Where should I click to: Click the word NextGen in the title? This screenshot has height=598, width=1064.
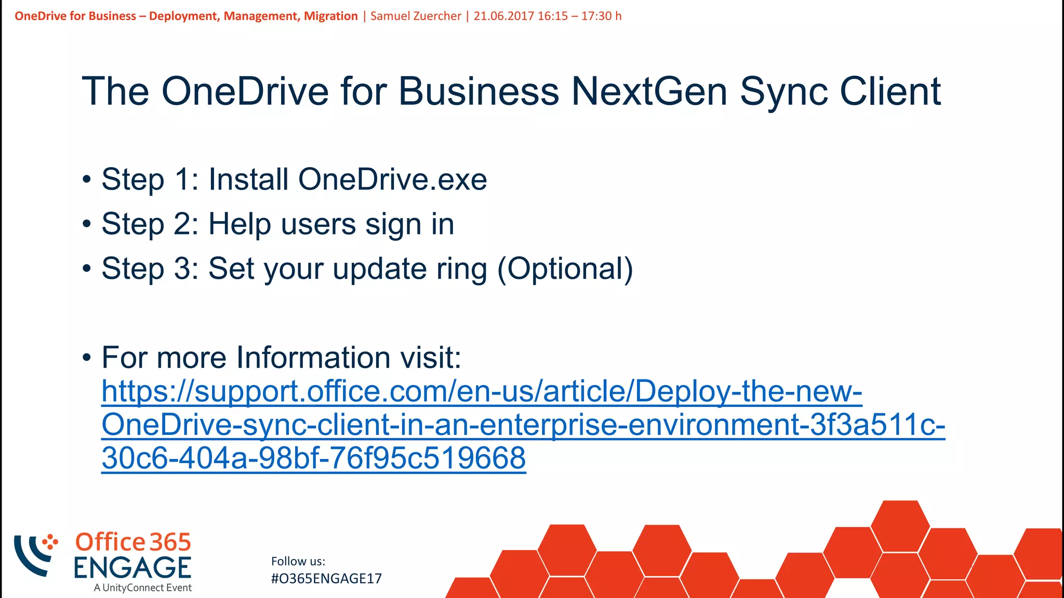(649, 92)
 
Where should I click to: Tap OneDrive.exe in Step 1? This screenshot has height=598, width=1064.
(392, 180)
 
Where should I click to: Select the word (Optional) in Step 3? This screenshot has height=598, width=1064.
(565, 269)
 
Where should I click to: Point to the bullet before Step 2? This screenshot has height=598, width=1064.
(87, 225)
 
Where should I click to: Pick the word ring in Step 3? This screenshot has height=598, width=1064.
(461, 269)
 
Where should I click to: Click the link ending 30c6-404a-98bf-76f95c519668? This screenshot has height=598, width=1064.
(313, 458)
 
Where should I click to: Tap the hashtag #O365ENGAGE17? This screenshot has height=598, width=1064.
(326, 579)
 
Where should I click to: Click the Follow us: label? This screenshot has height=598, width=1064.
(298, 561)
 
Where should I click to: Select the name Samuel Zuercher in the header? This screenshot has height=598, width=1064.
(416, 16)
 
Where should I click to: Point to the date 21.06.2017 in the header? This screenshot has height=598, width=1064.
(503, 16)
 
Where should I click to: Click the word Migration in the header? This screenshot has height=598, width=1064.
(330, 16)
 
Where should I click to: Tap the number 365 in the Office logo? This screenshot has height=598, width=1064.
(170, 542)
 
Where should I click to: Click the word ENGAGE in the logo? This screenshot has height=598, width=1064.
(132, 567)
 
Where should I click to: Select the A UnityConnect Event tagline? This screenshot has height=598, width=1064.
(143, 588)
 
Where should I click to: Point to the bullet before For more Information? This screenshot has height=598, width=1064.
(87, 358)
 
